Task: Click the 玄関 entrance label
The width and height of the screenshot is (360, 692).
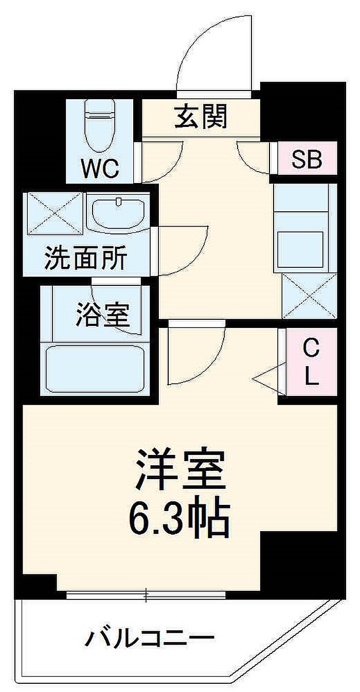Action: pyautogui.click(x=201, y=117)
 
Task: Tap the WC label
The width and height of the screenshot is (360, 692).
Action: pyautogui.click(x=100, y=168)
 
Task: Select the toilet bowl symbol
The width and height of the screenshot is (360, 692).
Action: pyautogui.click(x=99, y=125)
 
